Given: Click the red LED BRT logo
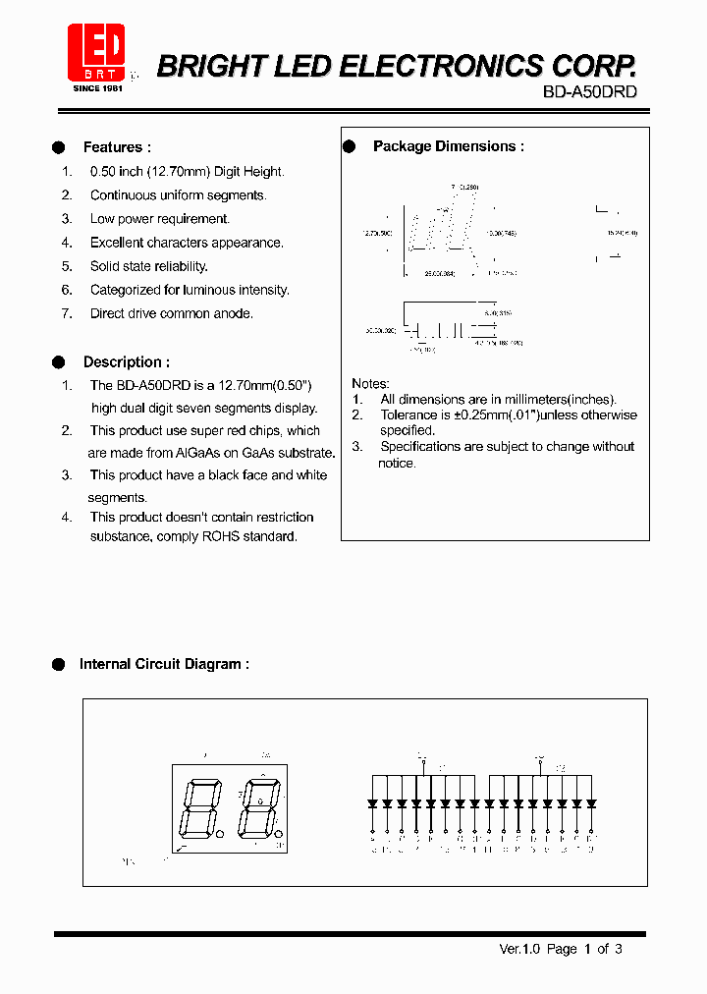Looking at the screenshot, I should pyautogui.click(x=96, y=51).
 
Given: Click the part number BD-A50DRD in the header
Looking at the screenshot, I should pyautogui.click(x=590, y=91).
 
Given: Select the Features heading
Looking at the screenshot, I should pyautogui.click(x=117, y=147).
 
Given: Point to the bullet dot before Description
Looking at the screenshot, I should pyautogui.click(x=58, y=362).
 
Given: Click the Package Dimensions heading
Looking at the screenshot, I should pyautogui.click(x=448, y=146).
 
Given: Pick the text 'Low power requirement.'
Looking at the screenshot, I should pyautogui.click(x=159, y=219).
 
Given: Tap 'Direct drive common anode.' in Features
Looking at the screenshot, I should pyautogui.click(x=171, y=313).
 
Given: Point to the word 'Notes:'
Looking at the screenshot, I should pyautogui.click(x=370, y=383).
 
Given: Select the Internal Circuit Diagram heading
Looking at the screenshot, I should pyautogui.click(x=163, y=664).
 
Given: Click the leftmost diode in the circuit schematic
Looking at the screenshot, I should pyautogui.click(x=373, y=803).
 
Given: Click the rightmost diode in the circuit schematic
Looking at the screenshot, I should pyautogui.click(x=591, y=803).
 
